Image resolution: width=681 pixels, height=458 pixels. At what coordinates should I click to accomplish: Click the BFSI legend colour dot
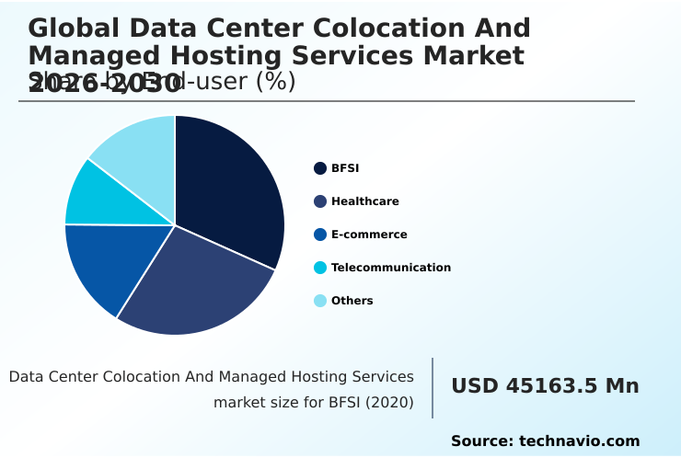click(x=320, y=168)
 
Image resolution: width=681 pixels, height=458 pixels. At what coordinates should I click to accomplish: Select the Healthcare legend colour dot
click(x=320, y=201)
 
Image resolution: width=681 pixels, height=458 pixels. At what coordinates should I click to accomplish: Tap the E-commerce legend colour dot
click(x=320, y=235)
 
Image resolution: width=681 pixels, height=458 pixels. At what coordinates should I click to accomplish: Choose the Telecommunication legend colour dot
click(x=320, y=268)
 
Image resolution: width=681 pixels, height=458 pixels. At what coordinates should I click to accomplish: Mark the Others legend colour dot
click(x=320, y=301)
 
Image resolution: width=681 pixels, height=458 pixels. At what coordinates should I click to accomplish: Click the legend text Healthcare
click(x=365, y=201)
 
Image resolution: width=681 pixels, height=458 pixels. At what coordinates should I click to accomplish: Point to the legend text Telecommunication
click(x=391, y=268)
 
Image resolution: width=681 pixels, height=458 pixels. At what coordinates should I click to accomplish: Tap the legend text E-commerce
click(x=369, y=235)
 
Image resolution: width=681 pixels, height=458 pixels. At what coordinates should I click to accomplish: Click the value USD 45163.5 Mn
click(x=545, y=386)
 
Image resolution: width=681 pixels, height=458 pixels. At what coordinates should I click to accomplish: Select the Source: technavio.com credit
click(x=545, y=441)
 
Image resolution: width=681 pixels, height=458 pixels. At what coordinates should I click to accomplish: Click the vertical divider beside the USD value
click(x=433, y=388)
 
